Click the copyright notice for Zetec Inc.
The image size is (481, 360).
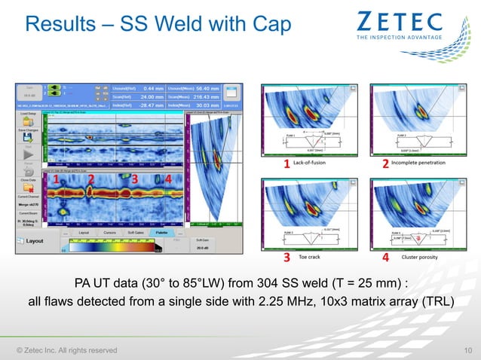[x=67, y=349]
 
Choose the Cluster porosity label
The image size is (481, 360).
[x=419, y=257]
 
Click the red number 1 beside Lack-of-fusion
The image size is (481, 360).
[x=286, y=163]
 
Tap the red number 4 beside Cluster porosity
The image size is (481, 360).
[x=385, y=257]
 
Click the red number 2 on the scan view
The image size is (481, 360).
[x=91, y=179]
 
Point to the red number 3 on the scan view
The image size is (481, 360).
[x=134, y=179]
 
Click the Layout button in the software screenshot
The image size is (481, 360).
[x=35, y=241]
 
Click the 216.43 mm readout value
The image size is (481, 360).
[x=204, y=97]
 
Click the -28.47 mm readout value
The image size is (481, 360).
[x=151, y=106]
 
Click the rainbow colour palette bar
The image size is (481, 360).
[x=113, y=244]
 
